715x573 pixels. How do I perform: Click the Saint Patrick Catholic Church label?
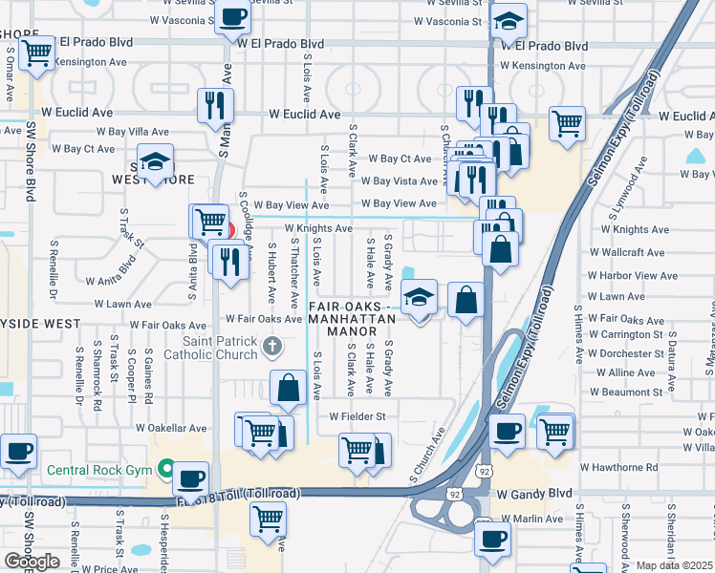pos(221,348)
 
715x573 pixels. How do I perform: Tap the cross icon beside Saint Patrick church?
pos(271,345)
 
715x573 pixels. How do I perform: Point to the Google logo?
pos(32,561)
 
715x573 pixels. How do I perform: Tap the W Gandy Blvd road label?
pos(534,494)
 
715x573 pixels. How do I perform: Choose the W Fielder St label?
pos(357,416)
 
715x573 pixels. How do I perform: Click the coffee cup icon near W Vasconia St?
pos(232,15)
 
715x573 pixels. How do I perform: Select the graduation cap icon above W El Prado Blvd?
pos(509,20)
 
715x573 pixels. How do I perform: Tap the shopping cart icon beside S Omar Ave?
pos(36,54)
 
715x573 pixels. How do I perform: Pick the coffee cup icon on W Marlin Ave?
pos(492,538)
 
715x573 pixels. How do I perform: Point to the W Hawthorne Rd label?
pos(618,468)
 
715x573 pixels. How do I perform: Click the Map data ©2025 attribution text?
pos(674,565)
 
